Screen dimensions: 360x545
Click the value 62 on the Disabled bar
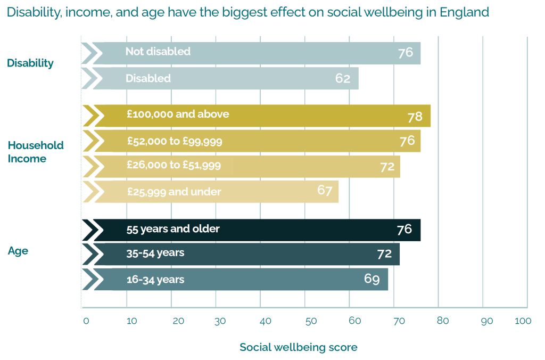(x=343, y=78)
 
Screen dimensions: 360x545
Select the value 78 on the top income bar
(x=415, y=117)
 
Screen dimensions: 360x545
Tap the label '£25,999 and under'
(x=174, y=191)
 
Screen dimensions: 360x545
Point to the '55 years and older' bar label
(x=173, y=229)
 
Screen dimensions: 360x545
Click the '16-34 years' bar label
(x=155, y=279)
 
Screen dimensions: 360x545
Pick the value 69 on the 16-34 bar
(x=372, y=279)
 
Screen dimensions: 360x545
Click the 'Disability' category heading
(x=30, y=63)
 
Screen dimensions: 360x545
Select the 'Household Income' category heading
(x=35, y=152)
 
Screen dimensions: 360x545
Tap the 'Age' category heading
(x=18, y=251)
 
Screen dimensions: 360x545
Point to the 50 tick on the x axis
(x=311, y=321)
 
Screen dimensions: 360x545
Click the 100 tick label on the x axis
(x=523, y=321)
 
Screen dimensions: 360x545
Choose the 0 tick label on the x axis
(x=86, y=321)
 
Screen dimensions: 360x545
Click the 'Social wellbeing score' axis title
(x=298, y=347)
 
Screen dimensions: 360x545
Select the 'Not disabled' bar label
(x=158, y=52)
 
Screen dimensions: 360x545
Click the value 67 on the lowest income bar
(x=325, y=190)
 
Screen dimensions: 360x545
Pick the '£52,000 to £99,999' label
(x=175, y=141)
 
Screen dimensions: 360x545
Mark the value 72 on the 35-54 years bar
(x=384, y=253)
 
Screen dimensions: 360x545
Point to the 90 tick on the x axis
(x=486, y=321)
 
